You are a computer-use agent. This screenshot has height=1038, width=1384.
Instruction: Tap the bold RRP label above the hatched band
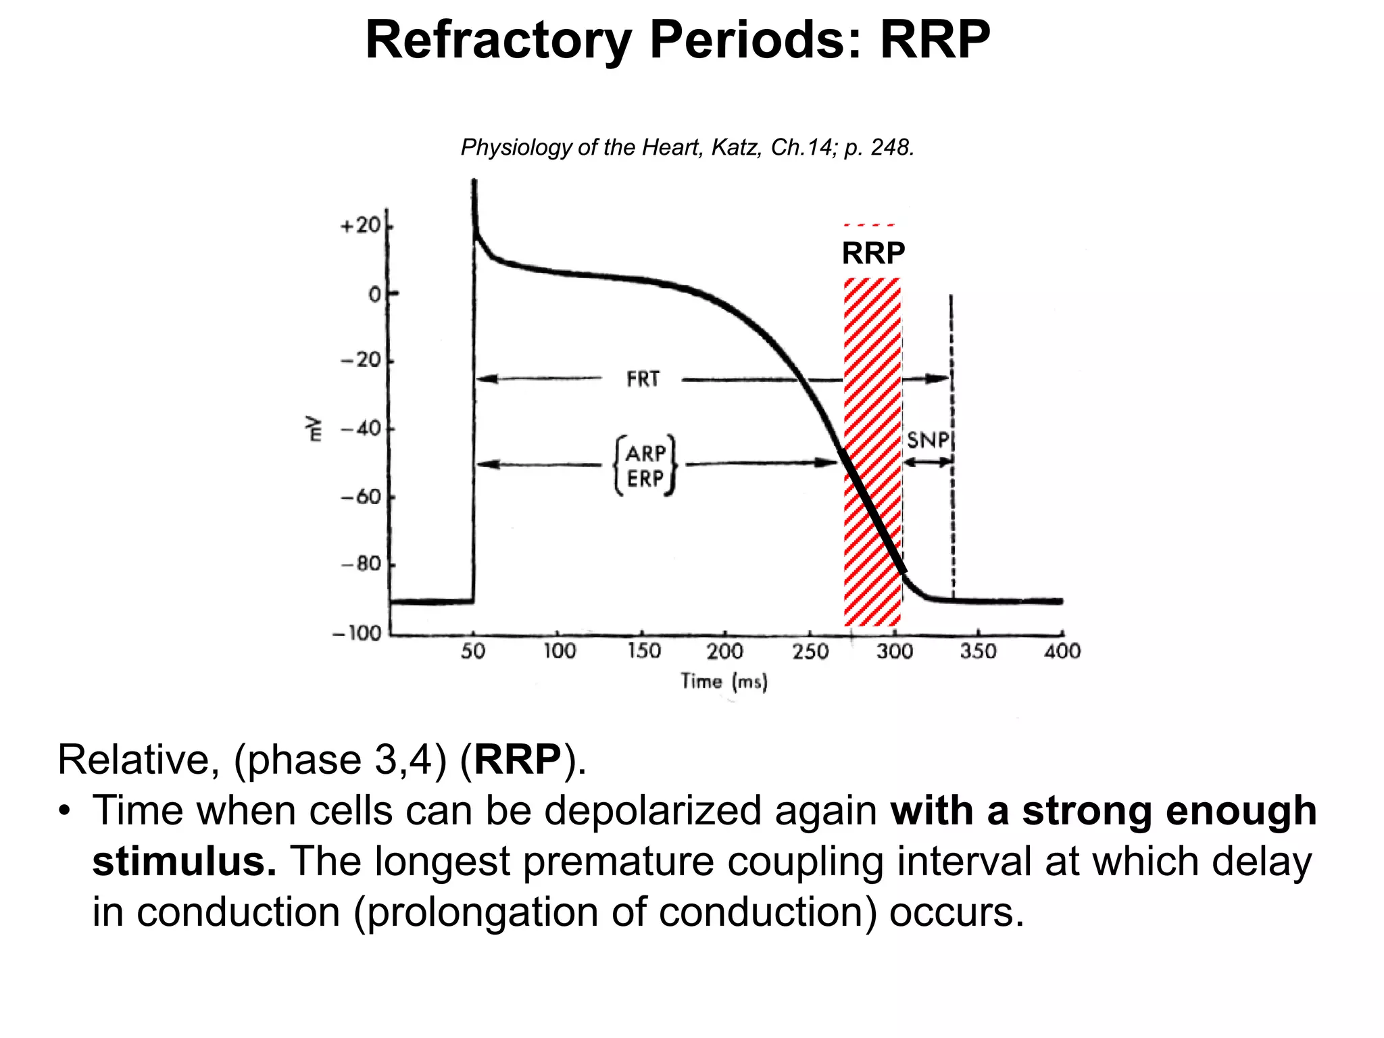coord(873,253)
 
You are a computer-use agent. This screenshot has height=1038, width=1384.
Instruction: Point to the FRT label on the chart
coord(643,379)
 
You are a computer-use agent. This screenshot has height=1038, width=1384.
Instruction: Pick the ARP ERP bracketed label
coord(645,466)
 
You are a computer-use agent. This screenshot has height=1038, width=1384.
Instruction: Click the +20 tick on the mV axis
coord(361,226)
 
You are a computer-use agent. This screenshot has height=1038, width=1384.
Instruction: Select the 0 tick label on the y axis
coord(374,295)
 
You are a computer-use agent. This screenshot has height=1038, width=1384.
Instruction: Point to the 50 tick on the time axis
coord(473,651)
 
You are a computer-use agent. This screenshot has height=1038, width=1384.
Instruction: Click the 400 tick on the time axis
coord(1062,651)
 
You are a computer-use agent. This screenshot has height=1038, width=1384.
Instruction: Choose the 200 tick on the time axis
coord(724,651)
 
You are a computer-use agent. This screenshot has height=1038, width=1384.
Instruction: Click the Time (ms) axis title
coord(724,681)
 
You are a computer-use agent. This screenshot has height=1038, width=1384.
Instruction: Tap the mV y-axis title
coord(313,428)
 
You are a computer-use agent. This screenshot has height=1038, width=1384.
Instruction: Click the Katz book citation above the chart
coord(687,147)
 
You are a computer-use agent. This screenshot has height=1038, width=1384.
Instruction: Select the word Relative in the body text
coord(134,760)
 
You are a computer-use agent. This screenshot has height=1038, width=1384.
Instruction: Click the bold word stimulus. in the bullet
coord(184,862)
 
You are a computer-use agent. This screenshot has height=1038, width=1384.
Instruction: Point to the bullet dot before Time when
coord(64,811)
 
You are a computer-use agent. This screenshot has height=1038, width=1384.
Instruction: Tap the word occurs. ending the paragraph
coord(956,912)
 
